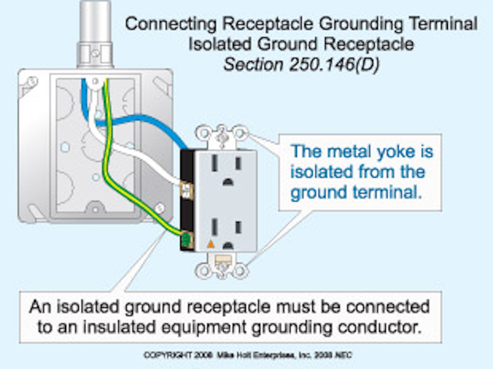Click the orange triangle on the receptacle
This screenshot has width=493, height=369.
(211, 244)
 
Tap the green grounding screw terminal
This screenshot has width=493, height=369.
(187, 239)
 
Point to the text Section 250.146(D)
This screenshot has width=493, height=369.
(300, 65)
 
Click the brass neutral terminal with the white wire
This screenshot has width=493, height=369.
(186, 189)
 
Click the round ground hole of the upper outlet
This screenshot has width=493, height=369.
(227, 181)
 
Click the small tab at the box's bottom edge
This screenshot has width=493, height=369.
(95, 205)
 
